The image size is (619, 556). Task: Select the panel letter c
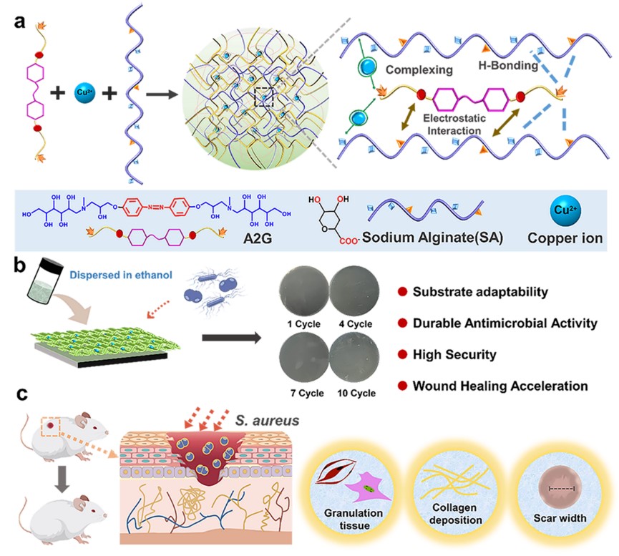[19, 394]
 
